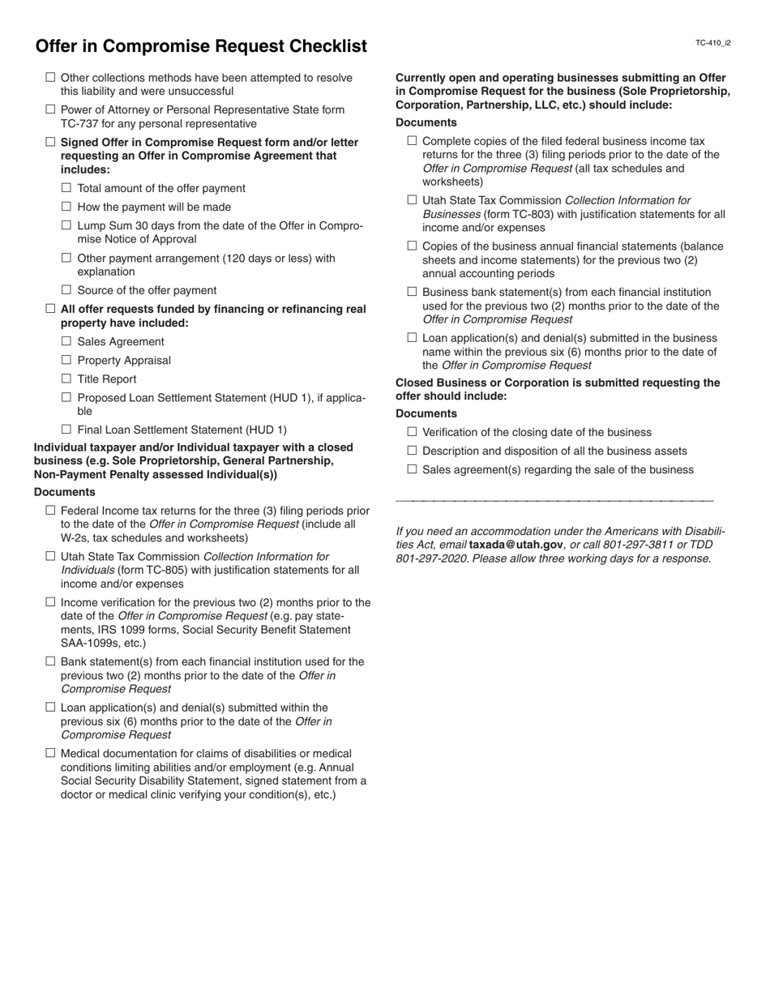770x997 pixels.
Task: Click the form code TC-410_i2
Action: (x=713, y=43)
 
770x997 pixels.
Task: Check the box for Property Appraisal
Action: (x=66, y=360)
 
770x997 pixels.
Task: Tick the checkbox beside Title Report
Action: (x=66, y=379)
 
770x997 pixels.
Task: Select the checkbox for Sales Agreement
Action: (x=66, y=341)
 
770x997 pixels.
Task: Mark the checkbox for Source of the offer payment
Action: (x=66, y=290)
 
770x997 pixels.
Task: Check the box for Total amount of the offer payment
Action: (x=66, y=188)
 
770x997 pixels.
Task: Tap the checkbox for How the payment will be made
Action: (x=66, y=207)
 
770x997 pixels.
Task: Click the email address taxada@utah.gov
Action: (x=515, y=545)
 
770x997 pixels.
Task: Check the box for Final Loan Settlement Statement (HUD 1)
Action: (x=66, y=430)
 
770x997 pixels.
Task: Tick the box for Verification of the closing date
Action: (x=412, y=432)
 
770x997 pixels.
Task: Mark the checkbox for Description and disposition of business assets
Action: (x=412, y=451)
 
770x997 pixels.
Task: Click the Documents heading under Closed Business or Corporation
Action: (x=426, y=413)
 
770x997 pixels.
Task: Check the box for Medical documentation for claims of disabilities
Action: (x=50, y=753)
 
